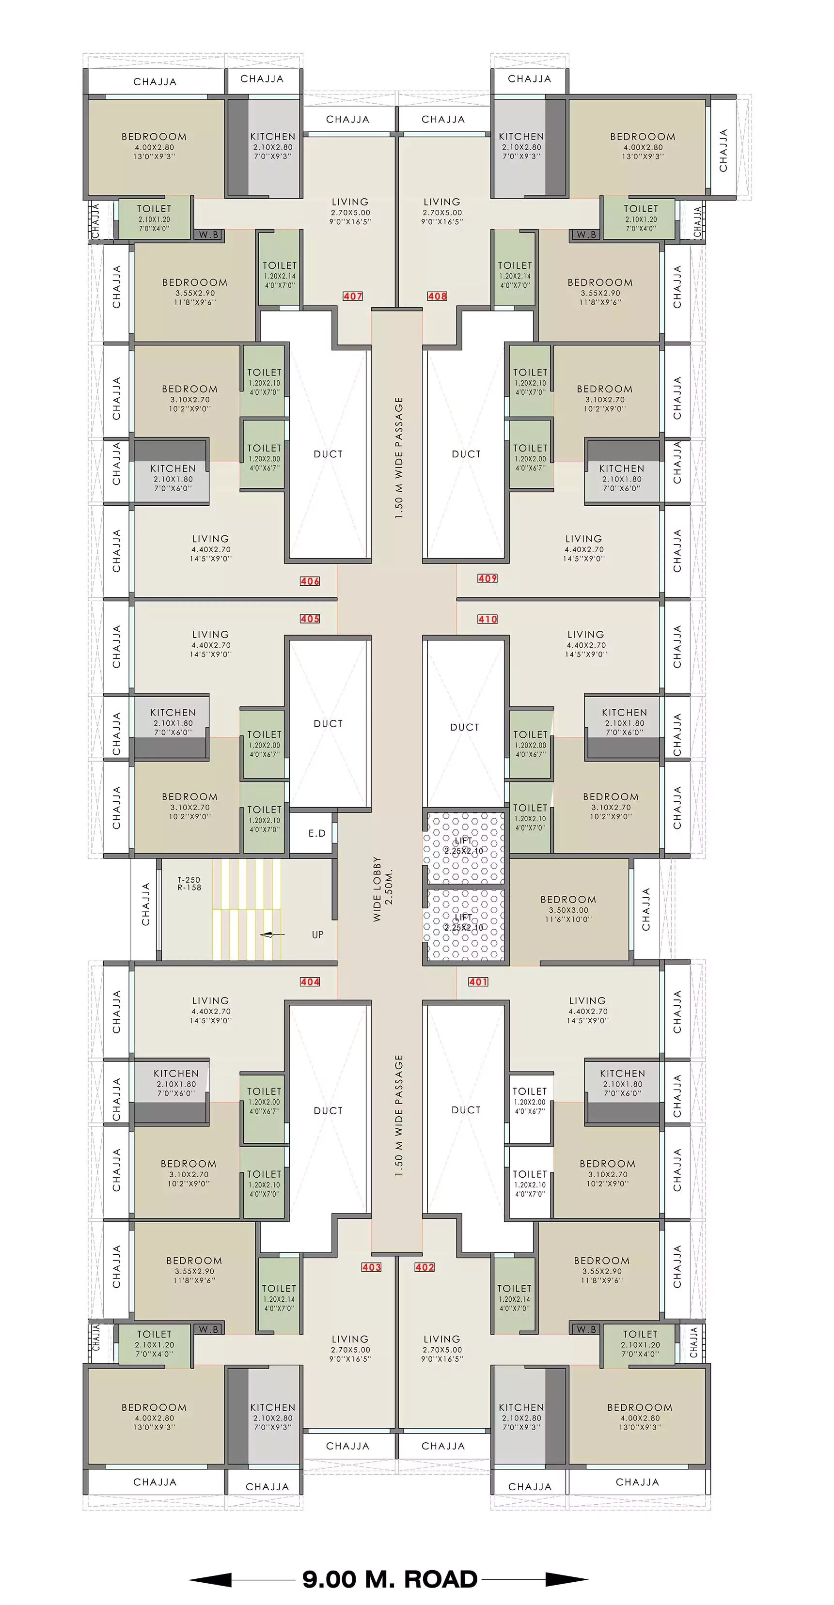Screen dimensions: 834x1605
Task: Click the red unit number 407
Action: click(x=353, y=296)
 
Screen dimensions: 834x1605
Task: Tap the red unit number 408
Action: click(x=437, y=296)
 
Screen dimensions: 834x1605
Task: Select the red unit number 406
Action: click(x=310, y=581)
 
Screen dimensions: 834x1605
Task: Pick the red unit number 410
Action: click(x=488, y=619)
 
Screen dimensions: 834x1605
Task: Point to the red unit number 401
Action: click(x=478, y=982)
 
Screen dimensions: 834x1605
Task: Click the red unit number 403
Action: click(x=372, y=1267)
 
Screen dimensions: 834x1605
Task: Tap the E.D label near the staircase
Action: click(x=317, y=833)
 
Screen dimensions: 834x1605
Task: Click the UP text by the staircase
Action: click(x=318, y=935)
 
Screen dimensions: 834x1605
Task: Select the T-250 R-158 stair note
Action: click(x=189, y=884)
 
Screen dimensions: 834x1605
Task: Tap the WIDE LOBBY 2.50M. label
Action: click(x=383, y=889)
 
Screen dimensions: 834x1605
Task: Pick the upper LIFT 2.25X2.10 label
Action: click(x=463, y=845)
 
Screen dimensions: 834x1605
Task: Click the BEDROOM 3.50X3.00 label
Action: click(x=568, y=909)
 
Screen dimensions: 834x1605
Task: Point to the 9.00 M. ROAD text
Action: click(x=390, y=1579)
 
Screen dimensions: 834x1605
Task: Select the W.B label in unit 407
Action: click(x=209, y=235)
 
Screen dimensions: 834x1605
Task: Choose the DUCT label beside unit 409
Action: click(x=466, y=454)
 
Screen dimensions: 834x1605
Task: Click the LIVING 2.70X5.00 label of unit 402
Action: click(x=442, y=1349)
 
